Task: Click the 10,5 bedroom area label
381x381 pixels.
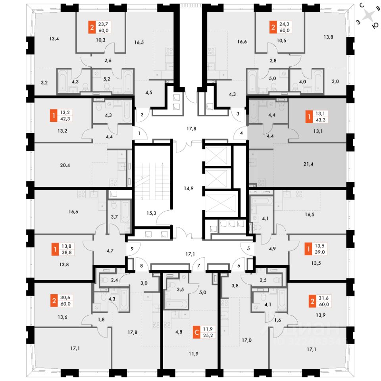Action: pos(281,40)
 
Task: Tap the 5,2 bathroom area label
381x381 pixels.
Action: pos(106,79)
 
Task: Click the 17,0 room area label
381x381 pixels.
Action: pos(247,340)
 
